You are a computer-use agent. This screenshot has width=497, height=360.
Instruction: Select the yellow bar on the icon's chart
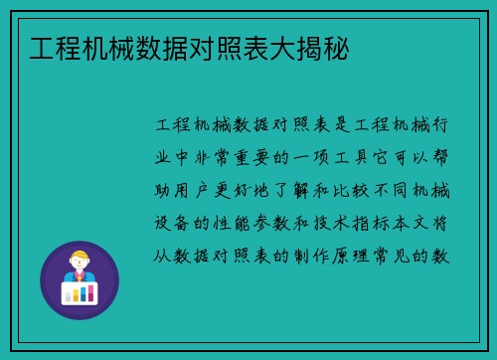pos(76,293)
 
